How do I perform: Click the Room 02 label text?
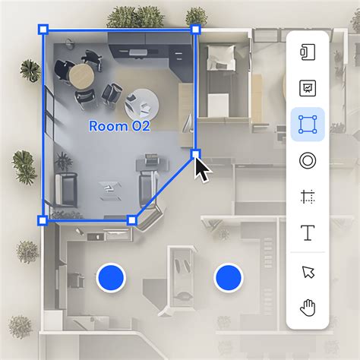click(119, 126)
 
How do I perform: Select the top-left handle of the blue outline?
click(43, 30)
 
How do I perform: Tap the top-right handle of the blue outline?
click(196, 30)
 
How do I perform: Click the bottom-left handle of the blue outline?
click(43, 220)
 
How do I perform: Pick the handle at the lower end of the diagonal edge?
click(131, 220)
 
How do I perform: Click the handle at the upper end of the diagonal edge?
click(196, 154)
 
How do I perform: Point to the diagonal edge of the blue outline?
click(163, 188)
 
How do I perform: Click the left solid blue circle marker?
click(111, 279)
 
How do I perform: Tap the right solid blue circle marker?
click(227, 279)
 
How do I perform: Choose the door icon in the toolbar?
click(308, 52)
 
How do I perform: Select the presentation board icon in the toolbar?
click(308, 88)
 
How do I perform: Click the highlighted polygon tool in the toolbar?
click(308, 125)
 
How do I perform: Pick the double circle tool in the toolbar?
click(308, 161)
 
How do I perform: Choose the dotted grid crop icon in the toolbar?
click(308, 197)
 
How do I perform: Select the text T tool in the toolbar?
click(308, 233)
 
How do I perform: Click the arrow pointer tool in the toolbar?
click(308, 272)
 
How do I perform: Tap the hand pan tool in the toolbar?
click(308, 308)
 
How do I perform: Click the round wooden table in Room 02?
click(80, 74)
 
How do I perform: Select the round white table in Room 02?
click(140, 102)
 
